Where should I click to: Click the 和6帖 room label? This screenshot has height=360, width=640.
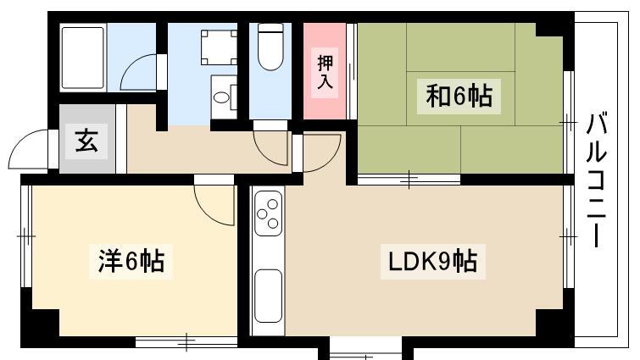click(x=459, y=97)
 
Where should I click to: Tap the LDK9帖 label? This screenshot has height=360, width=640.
click(x=432, y=262)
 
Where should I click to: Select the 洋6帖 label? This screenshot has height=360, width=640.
click(x=131, y=262)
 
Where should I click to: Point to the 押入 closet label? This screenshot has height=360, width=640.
click(x=325, y=73)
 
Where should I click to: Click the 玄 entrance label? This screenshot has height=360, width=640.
click(x=86, y=141)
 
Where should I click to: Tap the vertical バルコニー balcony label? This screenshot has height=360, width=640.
click(x=597, y=180)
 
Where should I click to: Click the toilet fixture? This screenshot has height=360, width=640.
click(x=270, y=47)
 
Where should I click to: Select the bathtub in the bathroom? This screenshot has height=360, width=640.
click(x=83, y=58)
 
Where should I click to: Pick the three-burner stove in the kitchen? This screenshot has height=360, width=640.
click(x=268, y=213)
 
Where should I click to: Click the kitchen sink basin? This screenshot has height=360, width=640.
click(x=268, y=296)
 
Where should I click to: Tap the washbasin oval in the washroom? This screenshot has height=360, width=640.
click(x=221, y=97)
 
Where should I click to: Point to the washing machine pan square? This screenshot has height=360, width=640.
click(x=220, y=47)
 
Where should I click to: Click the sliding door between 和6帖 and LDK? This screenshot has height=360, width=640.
click(x=409, y=180)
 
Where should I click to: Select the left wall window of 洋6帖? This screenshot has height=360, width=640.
click(x=26, y=236)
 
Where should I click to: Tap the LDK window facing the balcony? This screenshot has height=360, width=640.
click(x=568, y=236)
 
